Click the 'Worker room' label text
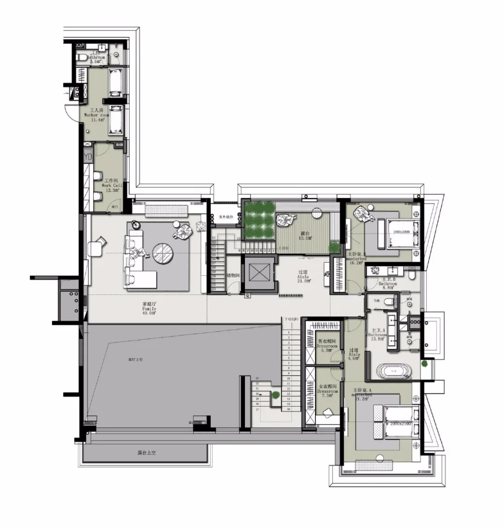point(97,115)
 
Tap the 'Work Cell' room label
point(111,185)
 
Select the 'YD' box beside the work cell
point(89,157)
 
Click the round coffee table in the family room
point(164,253)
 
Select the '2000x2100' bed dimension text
point(401,424)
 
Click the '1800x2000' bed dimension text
point(400,232)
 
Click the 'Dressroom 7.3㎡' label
point(327,391)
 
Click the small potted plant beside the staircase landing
point(276,396)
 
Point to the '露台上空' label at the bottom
point(147,453)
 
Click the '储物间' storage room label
point(232,275)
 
